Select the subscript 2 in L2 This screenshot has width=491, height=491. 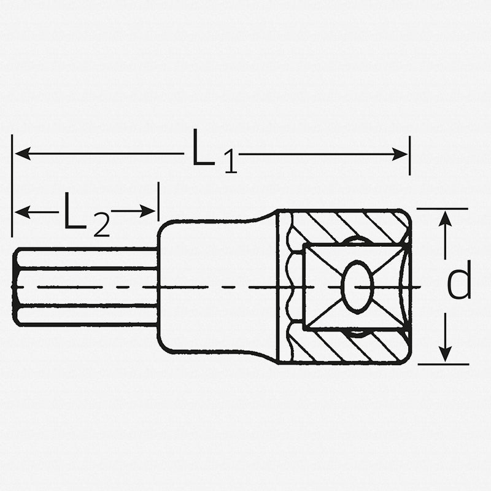[x=101, y=226]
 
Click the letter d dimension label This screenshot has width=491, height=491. [x=459, y=281]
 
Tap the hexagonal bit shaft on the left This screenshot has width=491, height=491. [x=86, y=287]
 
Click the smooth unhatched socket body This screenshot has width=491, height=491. [x=221, y=287]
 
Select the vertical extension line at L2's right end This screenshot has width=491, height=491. [x=158, y=203]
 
